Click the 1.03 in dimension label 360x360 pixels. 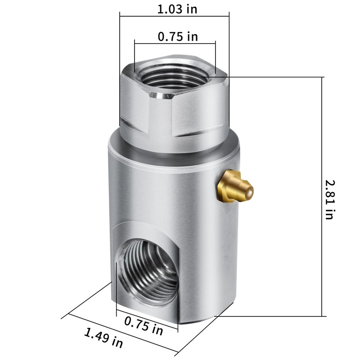coord(177,9)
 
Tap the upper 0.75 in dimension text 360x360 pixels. coord(178,36)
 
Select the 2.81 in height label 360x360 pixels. coord(330,200)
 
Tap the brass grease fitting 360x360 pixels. coord(235,186)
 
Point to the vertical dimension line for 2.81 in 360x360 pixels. coord(322,197)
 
